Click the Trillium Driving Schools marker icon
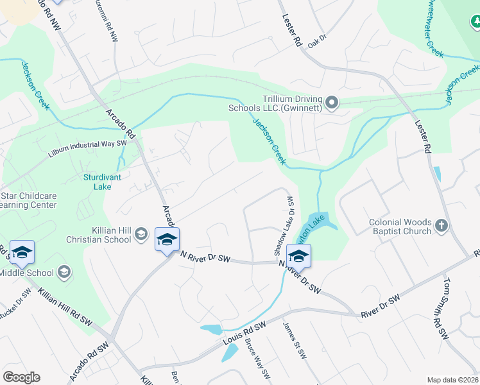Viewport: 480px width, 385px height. click(x=332, y=102)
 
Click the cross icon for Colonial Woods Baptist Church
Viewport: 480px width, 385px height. click(x=440, y=225)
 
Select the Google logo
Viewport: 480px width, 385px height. click(x=21, y=377)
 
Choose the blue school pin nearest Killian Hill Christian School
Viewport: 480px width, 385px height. click(x=167, y=239)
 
